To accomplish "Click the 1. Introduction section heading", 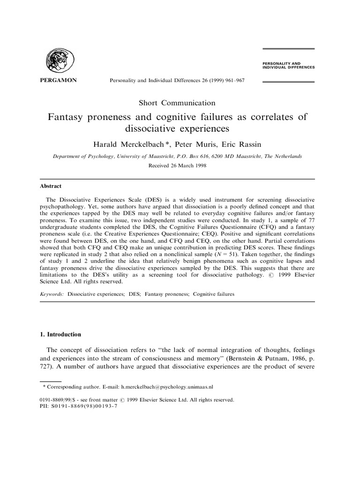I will pos(60,335).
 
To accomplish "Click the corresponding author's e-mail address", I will pos(167,387).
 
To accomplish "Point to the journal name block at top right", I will pos(286,65).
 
